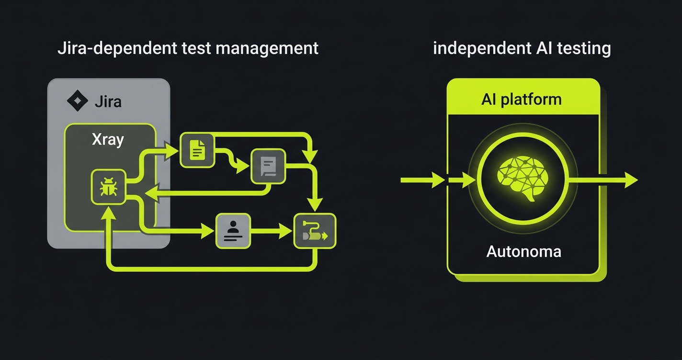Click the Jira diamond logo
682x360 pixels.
(77, 101)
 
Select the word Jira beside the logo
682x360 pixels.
(108, 101)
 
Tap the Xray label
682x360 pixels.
(108, 139)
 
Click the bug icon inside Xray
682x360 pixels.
(108, 187)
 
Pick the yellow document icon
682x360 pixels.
(197, 151)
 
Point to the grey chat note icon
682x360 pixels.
(268, 166)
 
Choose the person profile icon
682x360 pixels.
(233, 231)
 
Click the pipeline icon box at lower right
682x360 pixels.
(315, 231)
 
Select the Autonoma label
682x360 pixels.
(523, 251)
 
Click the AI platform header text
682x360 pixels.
(521, 99)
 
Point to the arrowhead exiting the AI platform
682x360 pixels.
(630, 180)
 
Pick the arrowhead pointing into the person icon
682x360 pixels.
(207, 231)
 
